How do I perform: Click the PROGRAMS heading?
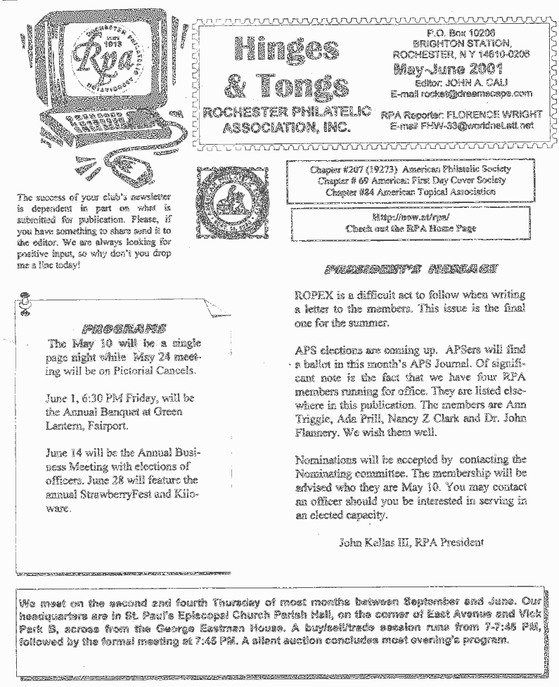(x=124, y=328)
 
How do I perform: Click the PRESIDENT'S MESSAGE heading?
(x=411, y=268)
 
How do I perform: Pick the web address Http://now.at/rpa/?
(x=411, y=218)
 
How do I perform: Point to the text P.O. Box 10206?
(x=461, y=32)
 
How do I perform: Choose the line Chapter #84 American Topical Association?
(x=410, y=192)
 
